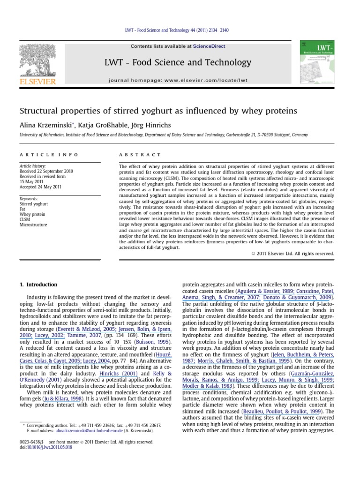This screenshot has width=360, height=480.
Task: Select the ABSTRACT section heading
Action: (140, 155)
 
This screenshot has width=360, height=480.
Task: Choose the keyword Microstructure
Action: (33, 224)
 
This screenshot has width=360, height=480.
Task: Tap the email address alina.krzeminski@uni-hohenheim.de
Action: (82, 430)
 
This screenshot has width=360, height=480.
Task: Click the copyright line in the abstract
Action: (295, 253)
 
